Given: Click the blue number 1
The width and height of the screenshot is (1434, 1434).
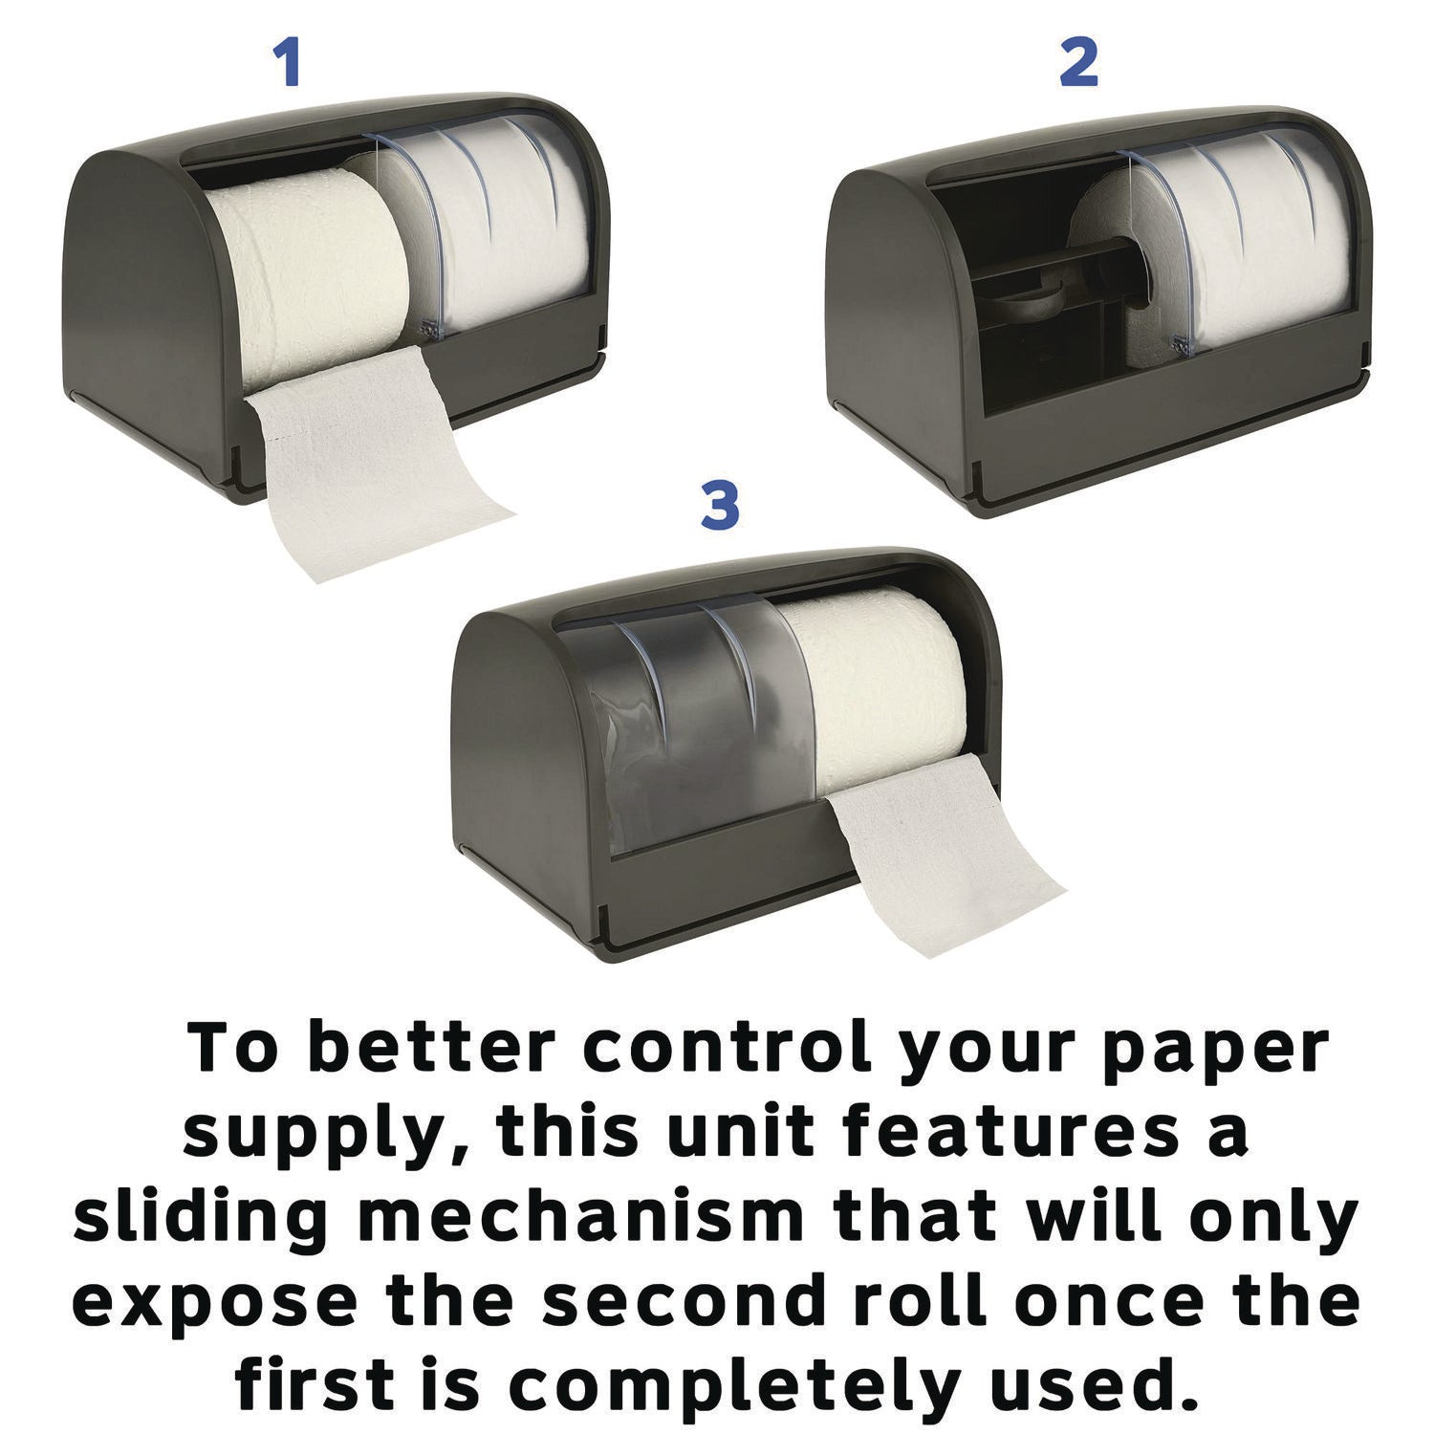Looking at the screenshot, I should point(287,63).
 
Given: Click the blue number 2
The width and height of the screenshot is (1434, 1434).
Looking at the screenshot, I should point(1078,63).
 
